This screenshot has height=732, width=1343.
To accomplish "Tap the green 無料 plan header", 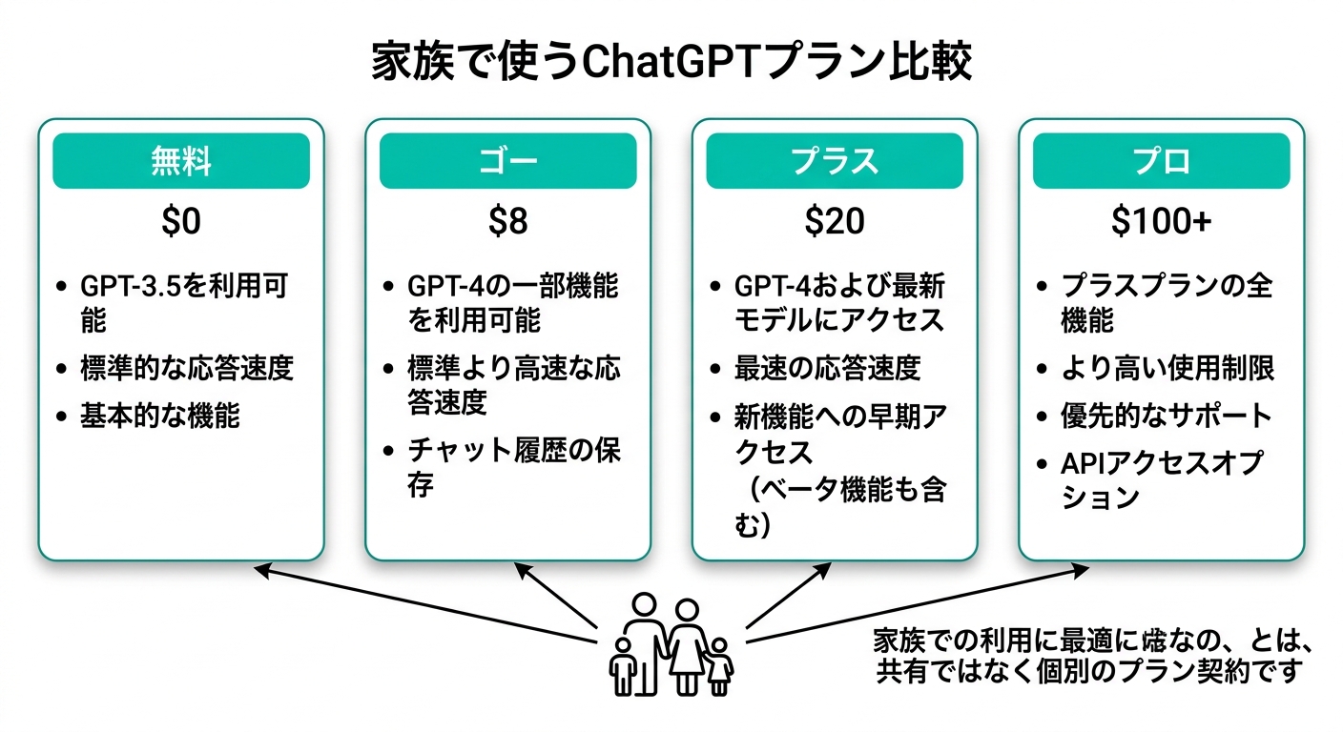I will click(181, 161).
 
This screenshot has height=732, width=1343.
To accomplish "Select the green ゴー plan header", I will click(507, 161).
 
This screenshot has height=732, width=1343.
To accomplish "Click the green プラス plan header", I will click(835, 161).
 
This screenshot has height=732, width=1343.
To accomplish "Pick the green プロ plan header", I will click(1161, 161).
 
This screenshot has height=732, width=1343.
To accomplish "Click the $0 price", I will click(181, 222).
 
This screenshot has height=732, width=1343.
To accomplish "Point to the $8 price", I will click(507, 222).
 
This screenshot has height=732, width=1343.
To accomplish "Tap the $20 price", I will click(835, 222).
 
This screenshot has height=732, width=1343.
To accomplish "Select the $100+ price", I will click(1161, 222).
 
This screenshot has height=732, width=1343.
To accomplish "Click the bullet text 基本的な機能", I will click(159, 417).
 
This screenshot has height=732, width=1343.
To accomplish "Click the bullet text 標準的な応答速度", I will click(187, 369).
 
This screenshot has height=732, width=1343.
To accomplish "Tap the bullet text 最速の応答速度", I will click(826, 368).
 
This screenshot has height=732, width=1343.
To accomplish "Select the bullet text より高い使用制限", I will click(1167, 368).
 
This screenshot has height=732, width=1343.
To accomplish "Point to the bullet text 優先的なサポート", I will click(1166, 416).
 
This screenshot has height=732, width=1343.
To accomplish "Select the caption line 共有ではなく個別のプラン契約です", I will click(1088, 671).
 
